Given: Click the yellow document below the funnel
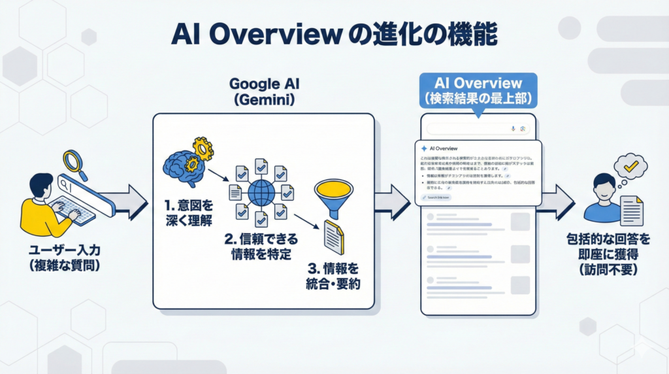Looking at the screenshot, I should (333, 237).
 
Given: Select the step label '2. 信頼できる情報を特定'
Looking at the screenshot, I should (255, 245).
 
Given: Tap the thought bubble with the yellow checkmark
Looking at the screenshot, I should (630, 167).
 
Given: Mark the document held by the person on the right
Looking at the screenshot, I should (630, 211).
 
